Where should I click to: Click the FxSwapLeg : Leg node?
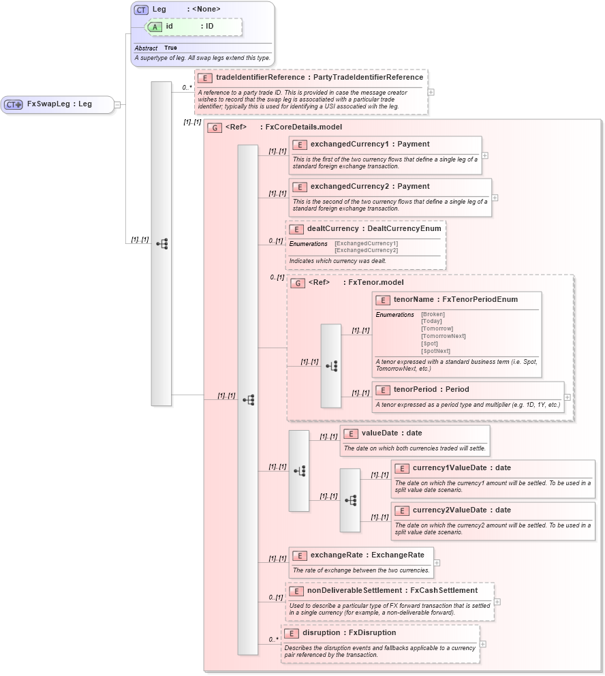(59, 104)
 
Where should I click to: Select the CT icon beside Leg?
(141, 10)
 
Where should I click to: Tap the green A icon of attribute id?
(155, 27)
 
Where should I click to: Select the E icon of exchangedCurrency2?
(300, 187)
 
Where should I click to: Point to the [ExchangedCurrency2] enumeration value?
(366, 250)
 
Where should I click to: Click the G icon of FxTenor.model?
(297, 283)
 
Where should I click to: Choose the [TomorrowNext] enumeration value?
(443, 336)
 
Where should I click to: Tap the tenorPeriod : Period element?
(431, 390)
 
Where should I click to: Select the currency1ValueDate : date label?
(461, 468)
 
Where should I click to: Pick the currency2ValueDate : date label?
(461, 510)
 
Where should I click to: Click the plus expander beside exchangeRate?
(437, 563)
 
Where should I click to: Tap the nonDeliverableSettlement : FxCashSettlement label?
(392, 591)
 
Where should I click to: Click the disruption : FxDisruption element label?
(349, 633)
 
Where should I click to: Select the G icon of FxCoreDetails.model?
(214, 127)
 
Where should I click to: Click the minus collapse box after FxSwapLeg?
(117, 104)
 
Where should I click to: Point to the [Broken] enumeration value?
(433, 314)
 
